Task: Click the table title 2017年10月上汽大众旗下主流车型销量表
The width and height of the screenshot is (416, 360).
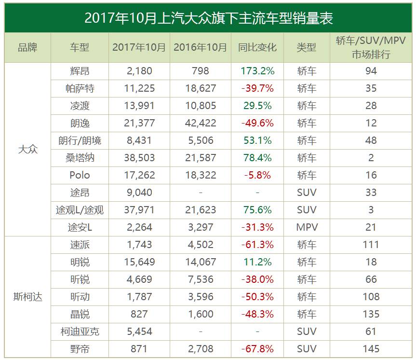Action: click(208, 18)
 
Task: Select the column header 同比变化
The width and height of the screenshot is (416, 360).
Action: click(257, 47)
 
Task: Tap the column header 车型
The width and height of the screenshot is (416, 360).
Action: click(80, 47)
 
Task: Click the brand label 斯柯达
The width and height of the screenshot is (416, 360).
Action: click(27, 297)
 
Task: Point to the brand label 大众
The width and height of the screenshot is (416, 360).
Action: click(27, 149)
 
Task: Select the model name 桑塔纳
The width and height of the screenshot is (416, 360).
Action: click(80, 158)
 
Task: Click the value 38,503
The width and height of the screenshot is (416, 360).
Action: click(139, 158)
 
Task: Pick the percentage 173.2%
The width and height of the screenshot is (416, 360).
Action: click(257, 71)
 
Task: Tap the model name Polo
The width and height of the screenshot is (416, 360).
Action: click(80, 175)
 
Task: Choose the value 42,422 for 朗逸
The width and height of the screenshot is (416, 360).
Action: click(201, 123)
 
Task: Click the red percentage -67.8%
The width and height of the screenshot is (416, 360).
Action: click(257, 349)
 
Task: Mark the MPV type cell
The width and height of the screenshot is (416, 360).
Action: click(307, 227)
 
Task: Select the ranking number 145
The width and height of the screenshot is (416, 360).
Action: click(371, 349)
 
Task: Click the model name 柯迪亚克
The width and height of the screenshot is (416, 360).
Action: click(80, 332)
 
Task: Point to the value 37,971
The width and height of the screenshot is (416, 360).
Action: click(139, 210)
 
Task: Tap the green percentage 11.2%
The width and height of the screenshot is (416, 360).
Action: click(257, 262)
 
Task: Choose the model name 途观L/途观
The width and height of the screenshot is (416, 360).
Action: click(80, 210)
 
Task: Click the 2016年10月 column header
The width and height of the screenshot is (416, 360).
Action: click(201, 47)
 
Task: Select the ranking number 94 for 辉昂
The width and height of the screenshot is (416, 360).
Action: click(371, 71)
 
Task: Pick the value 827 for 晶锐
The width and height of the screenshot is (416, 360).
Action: click(139, 314)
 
